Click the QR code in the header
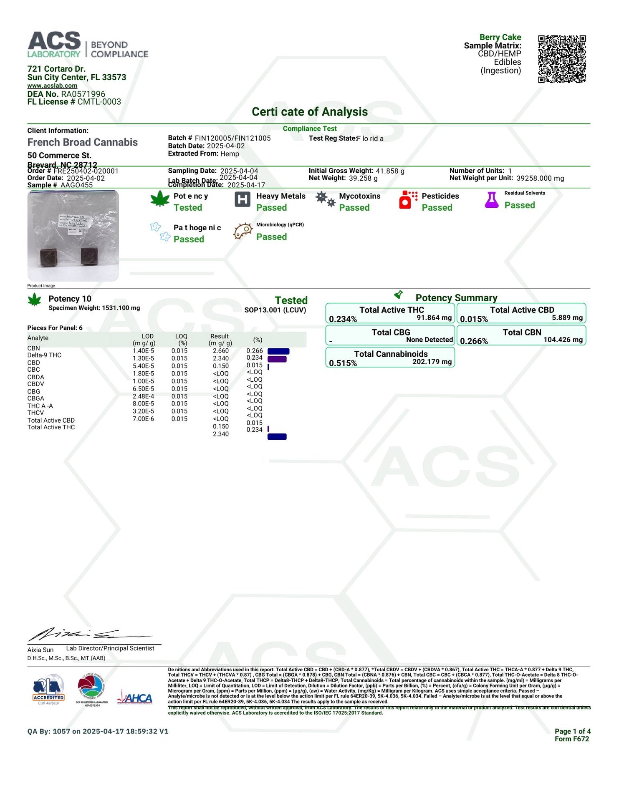[x=561, y=59]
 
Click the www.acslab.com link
[x=52, y=86]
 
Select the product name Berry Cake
[x=500, y=37]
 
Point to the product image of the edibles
[x=73, y=235]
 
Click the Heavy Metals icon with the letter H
[x=242, y=199]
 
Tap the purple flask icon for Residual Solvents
[x=491, y=200]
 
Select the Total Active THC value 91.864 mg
[x=434, y=317]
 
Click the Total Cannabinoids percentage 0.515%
[x=343, y=363]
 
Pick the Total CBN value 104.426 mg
[x=563, y=340]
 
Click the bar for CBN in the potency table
[x=278, y=351]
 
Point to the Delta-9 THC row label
[x=44, y=355]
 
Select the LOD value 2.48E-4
[x=143, y=396]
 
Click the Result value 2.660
[x=221, y=351]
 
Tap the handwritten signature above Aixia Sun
[x=88, y=635]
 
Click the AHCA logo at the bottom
[x=135, y=698]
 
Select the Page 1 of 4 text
[x=572, y=731]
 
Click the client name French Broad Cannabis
[x=83, y=142]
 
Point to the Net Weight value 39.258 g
[x=363, y=178]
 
